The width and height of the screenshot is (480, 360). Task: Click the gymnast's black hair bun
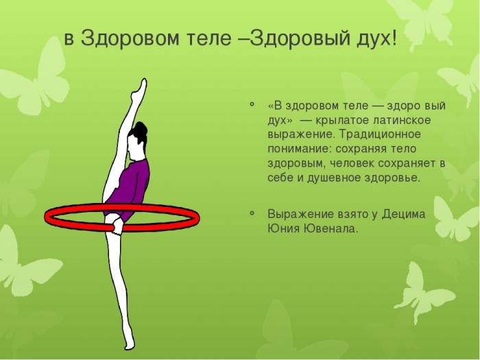pos(139,130)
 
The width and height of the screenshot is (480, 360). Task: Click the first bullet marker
pos(252,104)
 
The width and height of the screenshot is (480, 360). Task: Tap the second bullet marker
pos(252,213)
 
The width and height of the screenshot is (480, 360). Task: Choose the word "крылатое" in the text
pos(340,121)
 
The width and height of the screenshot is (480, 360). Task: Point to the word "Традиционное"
pos(380,135)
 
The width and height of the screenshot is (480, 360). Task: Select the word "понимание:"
pos(300,149)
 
